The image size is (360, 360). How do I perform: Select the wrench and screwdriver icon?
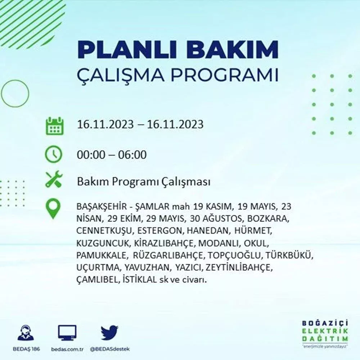(x=54, y=179)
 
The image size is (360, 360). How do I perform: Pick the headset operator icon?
(x=26, y=333)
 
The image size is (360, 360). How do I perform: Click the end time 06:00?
(x=132, y=155)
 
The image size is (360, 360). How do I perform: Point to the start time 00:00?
(x=91, y=155)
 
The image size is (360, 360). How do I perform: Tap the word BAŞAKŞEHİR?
(x=102, y=207)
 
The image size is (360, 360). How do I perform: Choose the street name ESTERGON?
(x=159, y=231)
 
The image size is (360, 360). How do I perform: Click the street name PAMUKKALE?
(x=101, y=255)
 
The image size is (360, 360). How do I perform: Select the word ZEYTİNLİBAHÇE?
(x=239, y=268)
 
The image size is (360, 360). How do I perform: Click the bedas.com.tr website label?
(x=67, y=349)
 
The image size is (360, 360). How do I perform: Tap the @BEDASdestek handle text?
(x=110, y=349)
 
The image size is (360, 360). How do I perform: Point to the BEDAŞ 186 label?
(x=26, y=349)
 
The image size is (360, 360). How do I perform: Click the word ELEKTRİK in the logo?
(x=325, y=331)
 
